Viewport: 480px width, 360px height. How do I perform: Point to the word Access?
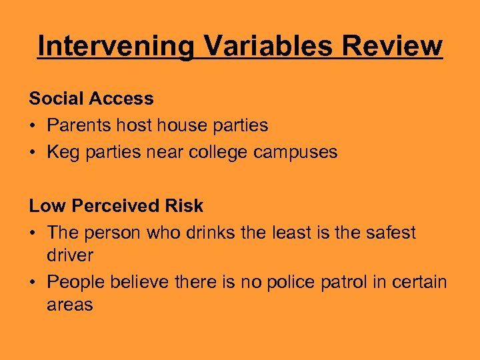click(124, 99)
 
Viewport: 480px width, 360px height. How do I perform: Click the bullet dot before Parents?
click(33, 126)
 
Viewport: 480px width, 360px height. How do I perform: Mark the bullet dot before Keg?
click(33, 153)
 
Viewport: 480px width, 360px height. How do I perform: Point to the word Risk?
click(185, 206)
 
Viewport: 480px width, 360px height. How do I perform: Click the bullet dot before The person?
click(33, 233)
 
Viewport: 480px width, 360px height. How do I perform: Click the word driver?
click(70, 255)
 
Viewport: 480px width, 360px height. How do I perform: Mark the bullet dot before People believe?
click(33, 283)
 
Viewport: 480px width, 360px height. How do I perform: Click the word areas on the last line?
click(70, 305)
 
